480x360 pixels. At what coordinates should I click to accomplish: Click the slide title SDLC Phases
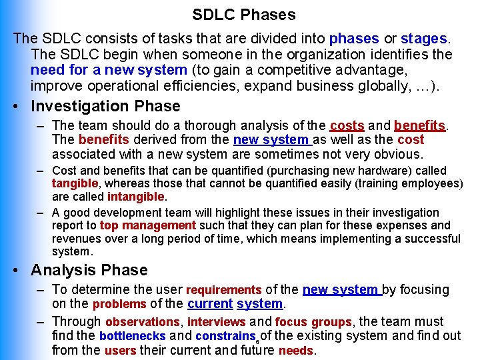pyautogui.click(x=244, y=14)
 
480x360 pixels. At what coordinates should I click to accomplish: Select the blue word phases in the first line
pyautogui.click(x=354, y=39)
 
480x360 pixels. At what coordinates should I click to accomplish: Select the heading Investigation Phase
pyautogui.click(x=105, y=106)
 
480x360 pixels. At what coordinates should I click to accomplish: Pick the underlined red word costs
pyautogui.click(x=347, y=125)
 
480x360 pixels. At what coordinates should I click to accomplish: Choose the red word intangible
pyautogui.click(x=135, y=197)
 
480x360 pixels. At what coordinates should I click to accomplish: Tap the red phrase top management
pyautogui.click(x=148, y=225)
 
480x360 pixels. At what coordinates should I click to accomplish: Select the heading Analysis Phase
pyautogui.click(x=89, y=270)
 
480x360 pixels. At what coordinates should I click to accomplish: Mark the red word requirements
pyautogui.click(x=223, y=290)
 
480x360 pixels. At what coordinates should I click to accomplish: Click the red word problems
pyautogui.click(x=119, y=304)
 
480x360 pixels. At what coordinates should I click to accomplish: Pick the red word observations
pyautogui.click(x=143, y=322)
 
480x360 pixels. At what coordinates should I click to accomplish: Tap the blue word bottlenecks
pyautogui.click(x=132, y=336)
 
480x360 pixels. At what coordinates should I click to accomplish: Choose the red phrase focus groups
pyautogui.click(x=313, y=322)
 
